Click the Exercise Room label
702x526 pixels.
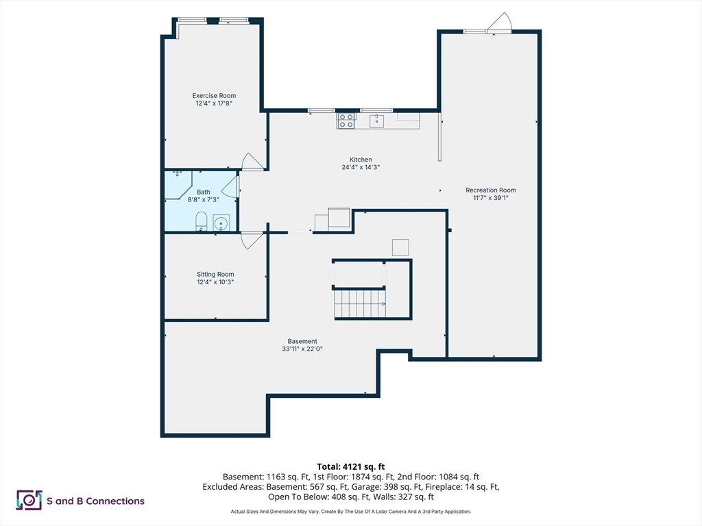click(x=214, y=95)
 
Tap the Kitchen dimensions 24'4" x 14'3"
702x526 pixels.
click(x=361, y=167)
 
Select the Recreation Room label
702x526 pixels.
click(x=491, y=190)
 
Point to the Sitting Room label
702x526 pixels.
click(x=215, y=274)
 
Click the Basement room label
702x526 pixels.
click(x=302, y=341)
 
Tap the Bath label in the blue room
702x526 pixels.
click(x=203, y=192)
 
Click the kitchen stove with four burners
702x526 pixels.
click(x=346, y=121)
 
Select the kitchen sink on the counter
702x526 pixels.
click(x=376, y=121)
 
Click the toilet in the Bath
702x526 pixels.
click(x=202, y=221)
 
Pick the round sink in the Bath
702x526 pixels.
click(x=221, y=223)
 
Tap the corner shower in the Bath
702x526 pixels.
click(x=178, y=185)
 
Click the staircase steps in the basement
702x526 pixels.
click(x=360, y=303)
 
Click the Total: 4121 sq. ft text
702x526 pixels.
click(x=351, y=467)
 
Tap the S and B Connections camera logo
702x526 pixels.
click(x=29, y=500)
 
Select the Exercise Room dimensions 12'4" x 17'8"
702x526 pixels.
click(x=214, y=103)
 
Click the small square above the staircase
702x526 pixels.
click(x=400, y=247)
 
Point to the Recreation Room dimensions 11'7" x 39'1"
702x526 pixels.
click(x=491, y=198)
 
